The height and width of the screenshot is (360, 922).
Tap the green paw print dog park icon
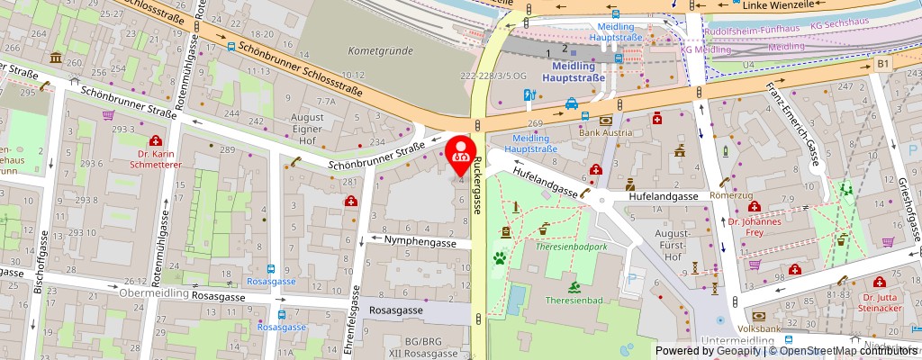pyautogui.click(x=498, y=258)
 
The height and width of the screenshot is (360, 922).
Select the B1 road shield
pyautogui.click(x=883, y=64)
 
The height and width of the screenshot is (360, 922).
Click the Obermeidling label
pyautogui.click(x=153, y=292)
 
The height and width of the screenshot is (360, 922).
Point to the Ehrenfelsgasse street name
pyautogui.click(x=357, y=320)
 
